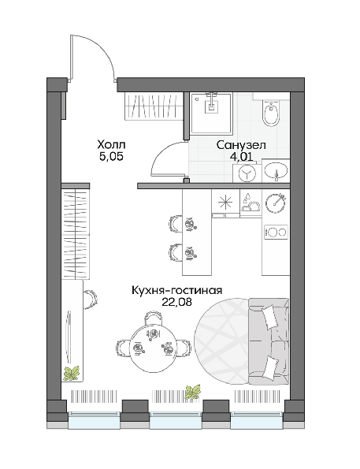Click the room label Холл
coord(111,145)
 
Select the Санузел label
coord(241,145)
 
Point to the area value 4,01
coord(241,156)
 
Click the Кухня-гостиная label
coord(176,290)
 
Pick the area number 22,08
coord(176,302)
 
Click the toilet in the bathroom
coord(271,113)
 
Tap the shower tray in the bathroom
coord(212,113)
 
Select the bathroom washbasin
coord(276,170)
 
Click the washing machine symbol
coord(247,173)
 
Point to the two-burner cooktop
coord(276,232)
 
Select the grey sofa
coord(269,341)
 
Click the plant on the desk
coord(71,373)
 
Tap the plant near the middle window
coord(193,392)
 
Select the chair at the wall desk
coord(90,300)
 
